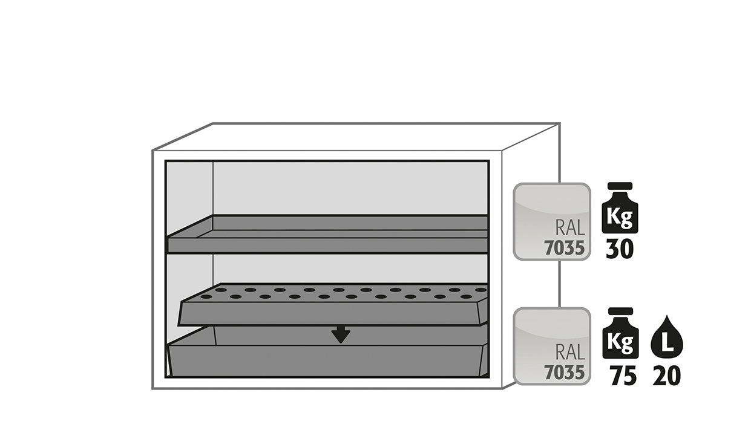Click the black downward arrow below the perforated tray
pyautogui.click(x=341, y=334)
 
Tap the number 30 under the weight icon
pyautogui.click(x=620, y=249)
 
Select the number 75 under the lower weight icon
pyautogui.click(x=623, y=376)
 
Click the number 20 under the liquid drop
pyautogui.click(x=666, y=376)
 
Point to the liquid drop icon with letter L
pyautogui.click(x=667, y=336)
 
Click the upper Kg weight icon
pyautogui.click(x=620, y=208)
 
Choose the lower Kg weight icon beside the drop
pyautogui.click(x=620, y=333)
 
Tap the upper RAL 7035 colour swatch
pyautogui.click(x=552, y=221)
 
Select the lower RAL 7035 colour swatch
pyautogui.click(x=552, y=346)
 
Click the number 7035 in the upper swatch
pyautogui.click(x=564, y=249)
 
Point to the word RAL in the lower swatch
pyautogui.click(x=570, y=352)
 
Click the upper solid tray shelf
pyautogui.click(x=327, y=234)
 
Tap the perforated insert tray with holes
pyautogui.click(x=333, y=304)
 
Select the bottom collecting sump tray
pyautogui.click(x=327, y=352)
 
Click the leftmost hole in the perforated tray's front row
pyautogui.click(x=206, y=296)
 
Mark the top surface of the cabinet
pyautogui.click(x=356, y=137)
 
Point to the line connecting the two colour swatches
pyautogui.click(x=559, y=284)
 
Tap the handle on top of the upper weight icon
pyautogui.click(x=620, y=186)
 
